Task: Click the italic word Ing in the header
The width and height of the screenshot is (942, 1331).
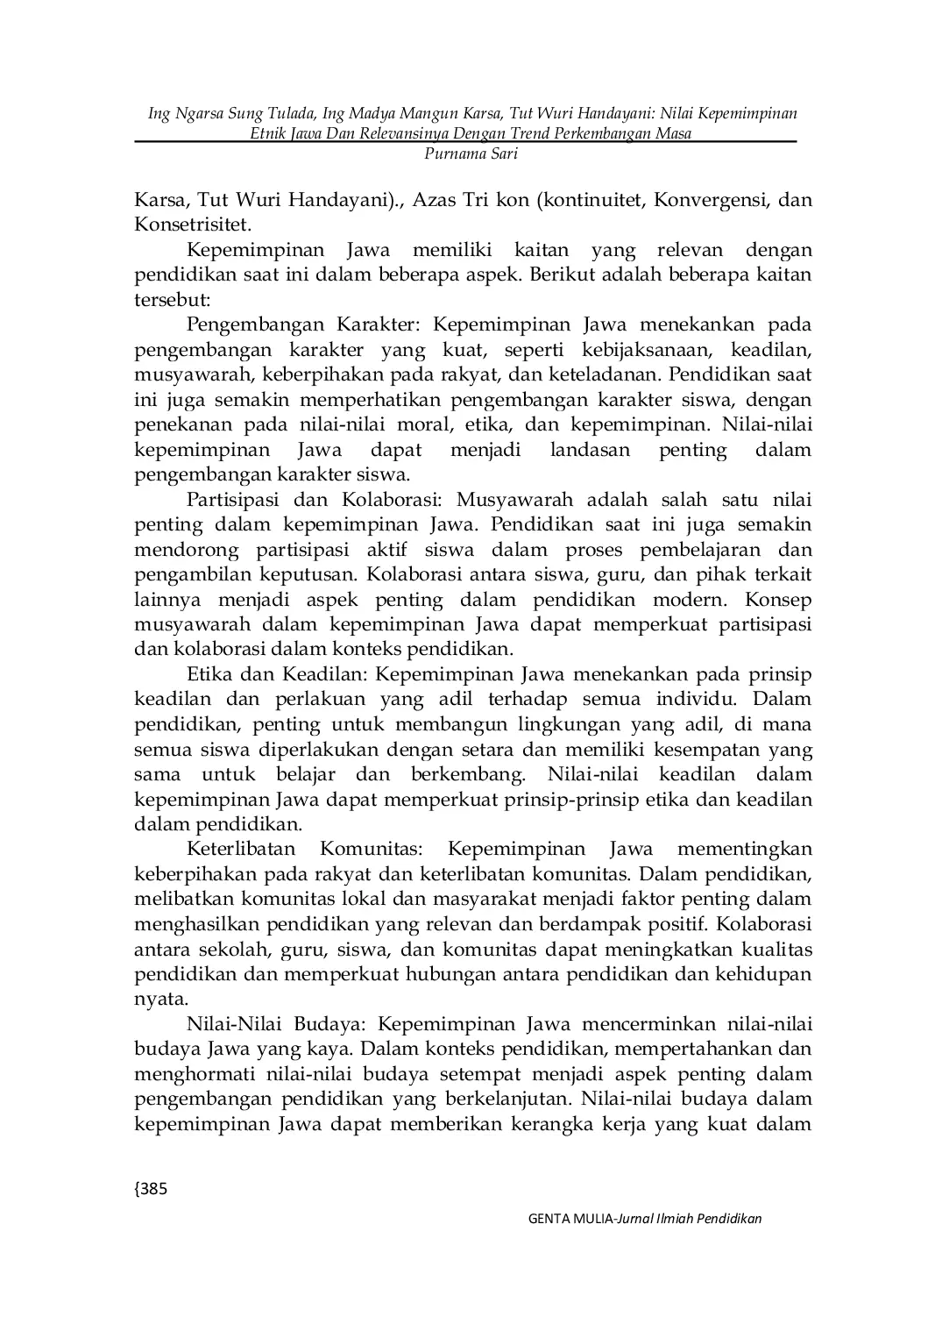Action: (159, 114)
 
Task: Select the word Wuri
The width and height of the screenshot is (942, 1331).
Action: (259, 200)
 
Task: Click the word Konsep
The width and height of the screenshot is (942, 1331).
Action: (778, 601)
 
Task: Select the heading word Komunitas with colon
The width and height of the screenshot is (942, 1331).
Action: (371, 850)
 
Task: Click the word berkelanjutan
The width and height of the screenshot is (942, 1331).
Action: (508, 1100)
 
